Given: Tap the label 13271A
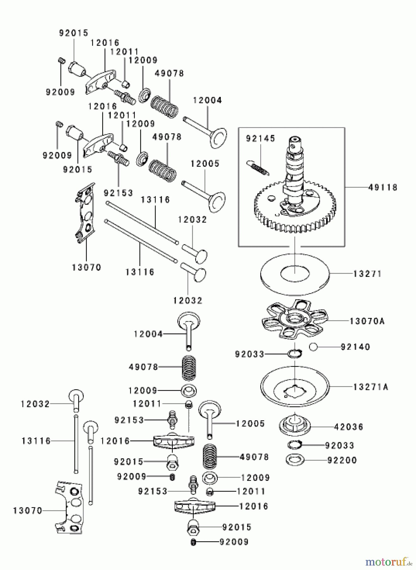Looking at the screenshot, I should tap(370, 387).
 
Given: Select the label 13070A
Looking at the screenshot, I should tap(367, 321).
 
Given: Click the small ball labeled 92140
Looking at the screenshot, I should tap(313, 347).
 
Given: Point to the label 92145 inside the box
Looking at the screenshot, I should tap(261, 138).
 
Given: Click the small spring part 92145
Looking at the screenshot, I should tap(258, 167).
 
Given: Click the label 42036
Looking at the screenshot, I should tap(348, 427).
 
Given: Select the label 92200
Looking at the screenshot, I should tap(342, 460).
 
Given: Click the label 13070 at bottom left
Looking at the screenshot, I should tap(28, 510).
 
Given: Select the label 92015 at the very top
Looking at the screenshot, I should tap(74, 33).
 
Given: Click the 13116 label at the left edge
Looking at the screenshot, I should tap(36, 441).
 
